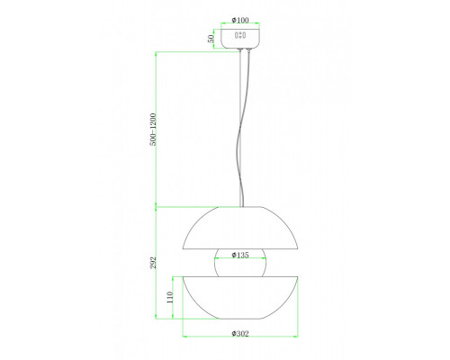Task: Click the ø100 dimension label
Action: pos(240,20)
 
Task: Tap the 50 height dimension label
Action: pos(211,39)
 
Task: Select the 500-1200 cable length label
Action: pos(153,130)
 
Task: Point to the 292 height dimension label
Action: pos(153,263)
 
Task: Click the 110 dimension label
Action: pos(170,297)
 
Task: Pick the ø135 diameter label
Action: pos(240,255)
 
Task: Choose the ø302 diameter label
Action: pos(240,334)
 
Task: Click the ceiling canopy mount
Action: pos(240,39)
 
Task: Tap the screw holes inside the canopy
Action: pos(240,35)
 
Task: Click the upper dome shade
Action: pos(240,228)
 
